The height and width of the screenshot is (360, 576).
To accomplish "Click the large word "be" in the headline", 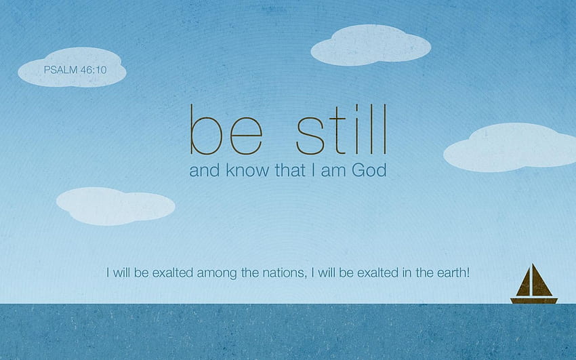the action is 226,129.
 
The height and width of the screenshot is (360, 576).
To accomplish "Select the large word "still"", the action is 342,129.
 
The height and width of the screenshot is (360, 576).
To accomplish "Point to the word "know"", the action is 247,170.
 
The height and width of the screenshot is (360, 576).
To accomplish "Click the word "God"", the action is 369,170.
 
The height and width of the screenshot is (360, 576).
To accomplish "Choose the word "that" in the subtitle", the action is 290,170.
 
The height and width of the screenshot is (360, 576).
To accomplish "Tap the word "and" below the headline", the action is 205,170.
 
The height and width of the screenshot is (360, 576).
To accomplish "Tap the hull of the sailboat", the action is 534,300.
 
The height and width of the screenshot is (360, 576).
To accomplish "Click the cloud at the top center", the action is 371,45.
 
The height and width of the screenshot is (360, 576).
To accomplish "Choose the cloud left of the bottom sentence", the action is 115,206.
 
